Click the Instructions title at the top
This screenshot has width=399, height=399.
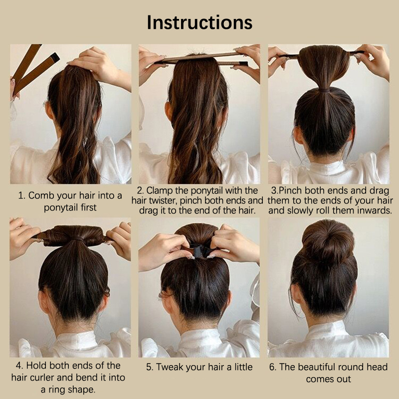199,22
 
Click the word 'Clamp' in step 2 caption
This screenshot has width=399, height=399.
160,191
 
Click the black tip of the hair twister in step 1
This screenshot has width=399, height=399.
55,58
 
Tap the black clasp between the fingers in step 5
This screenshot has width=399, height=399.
200,250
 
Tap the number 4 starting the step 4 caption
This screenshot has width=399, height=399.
18,366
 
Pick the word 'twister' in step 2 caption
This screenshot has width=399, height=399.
164,201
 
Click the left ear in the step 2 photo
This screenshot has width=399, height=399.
169,111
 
